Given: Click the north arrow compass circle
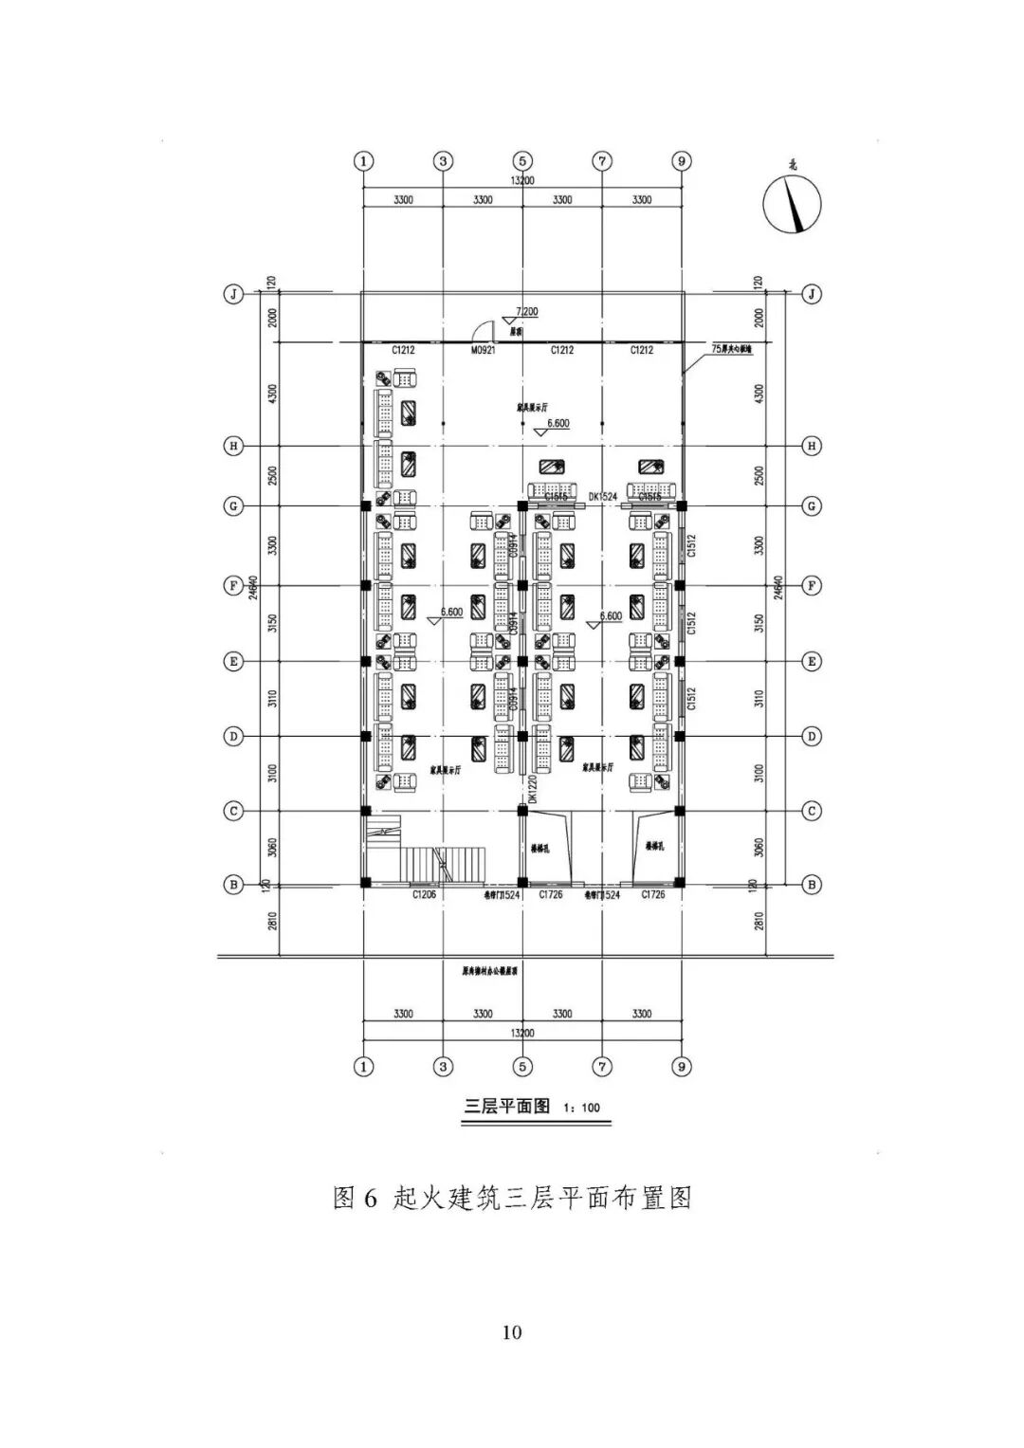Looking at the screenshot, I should (793, 206).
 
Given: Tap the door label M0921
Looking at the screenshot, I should (484, 351).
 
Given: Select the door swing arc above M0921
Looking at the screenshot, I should (484, 331).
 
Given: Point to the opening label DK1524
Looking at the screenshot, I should (602, 496).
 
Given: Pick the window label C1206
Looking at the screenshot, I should (424, 894).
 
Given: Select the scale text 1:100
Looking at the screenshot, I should (581, 1108).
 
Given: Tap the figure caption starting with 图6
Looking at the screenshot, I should (512, 1199).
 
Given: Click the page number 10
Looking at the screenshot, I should (512, 1332).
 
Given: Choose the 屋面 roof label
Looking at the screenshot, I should (517, 333).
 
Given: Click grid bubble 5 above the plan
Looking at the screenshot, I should (523, 160).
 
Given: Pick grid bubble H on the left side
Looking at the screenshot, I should (232, 446).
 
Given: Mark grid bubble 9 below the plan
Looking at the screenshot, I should (682, 1067).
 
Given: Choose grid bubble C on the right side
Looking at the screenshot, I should (812, 811).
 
